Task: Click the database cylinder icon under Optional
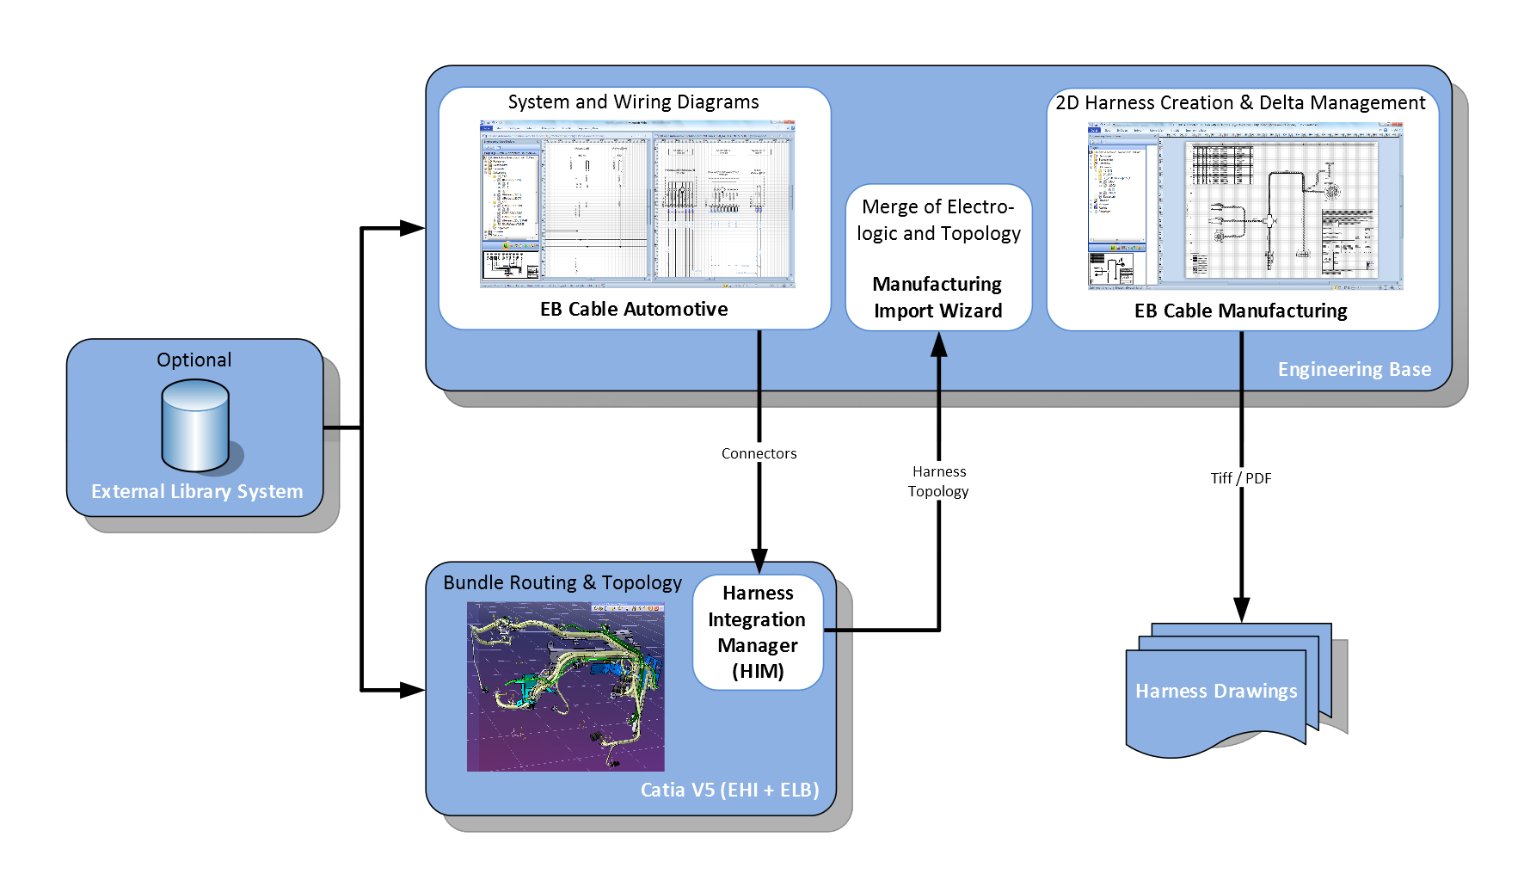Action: point(195,426)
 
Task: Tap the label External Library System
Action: point(197,491)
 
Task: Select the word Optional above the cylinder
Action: point(194,360)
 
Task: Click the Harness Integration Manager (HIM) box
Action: point(758,632)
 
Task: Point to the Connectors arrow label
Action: point(759,453)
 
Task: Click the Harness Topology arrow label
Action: point(938,482)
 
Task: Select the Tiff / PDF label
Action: point(1240,478)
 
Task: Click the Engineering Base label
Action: point(1354,369)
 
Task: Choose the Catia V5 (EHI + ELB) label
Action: point(729,790)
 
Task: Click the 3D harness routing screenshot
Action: point(565,686)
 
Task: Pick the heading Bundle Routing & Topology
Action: point(562,582)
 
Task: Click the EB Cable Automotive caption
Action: point(634,309)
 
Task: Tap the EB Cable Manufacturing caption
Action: point(1240,311)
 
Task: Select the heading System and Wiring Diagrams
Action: point(633,102)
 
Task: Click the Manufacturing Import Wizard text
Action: point(937,297)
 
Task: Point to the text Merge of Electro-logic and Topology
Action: point(938,220)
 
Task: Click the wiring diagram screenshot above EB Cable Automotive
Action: point(637,204)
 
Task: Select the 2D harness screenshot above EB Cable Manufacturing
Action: point(1244,206)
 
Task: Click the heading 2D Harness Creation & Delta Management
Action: point(1240,102)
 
